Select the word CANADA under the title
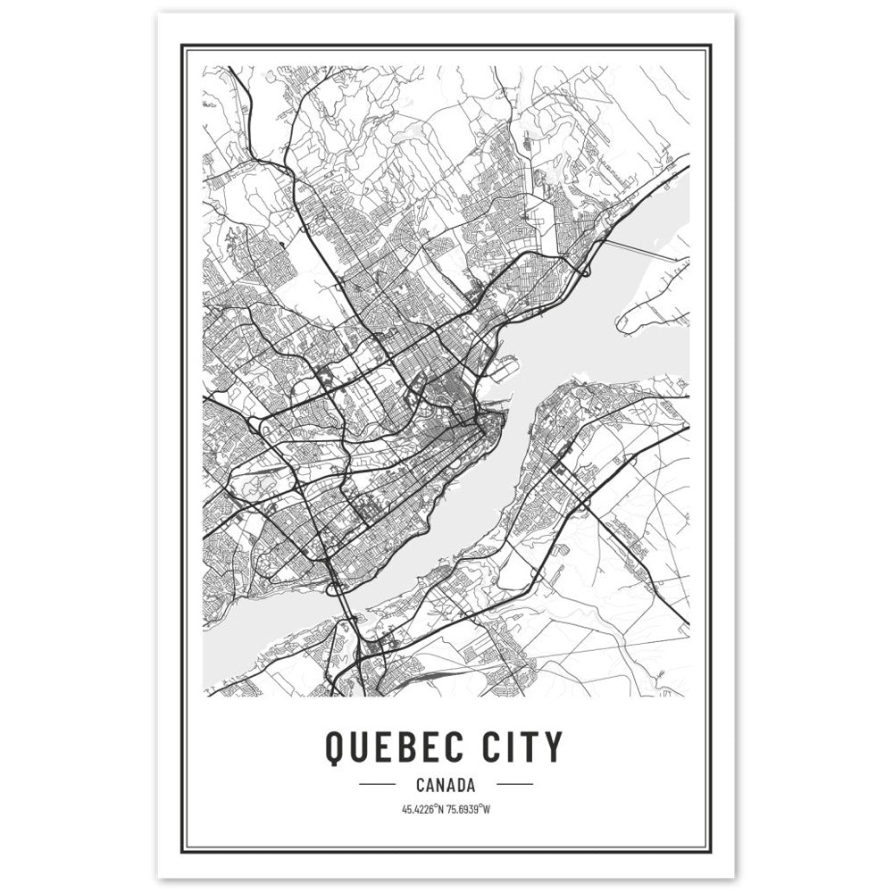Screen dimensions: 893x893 445,786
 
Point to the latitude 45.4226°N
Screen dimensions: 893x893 421,810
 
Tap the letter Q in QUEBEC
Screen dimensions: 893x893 334,747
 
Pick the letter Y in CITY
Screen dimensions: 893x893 554,747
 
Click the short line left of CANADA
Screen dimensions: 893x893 376,786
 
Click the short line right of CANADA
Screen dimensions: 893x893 513,786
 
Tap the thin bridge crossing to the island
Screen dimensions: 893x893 643,250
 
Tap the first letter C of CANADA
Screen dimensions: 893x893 420,786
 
